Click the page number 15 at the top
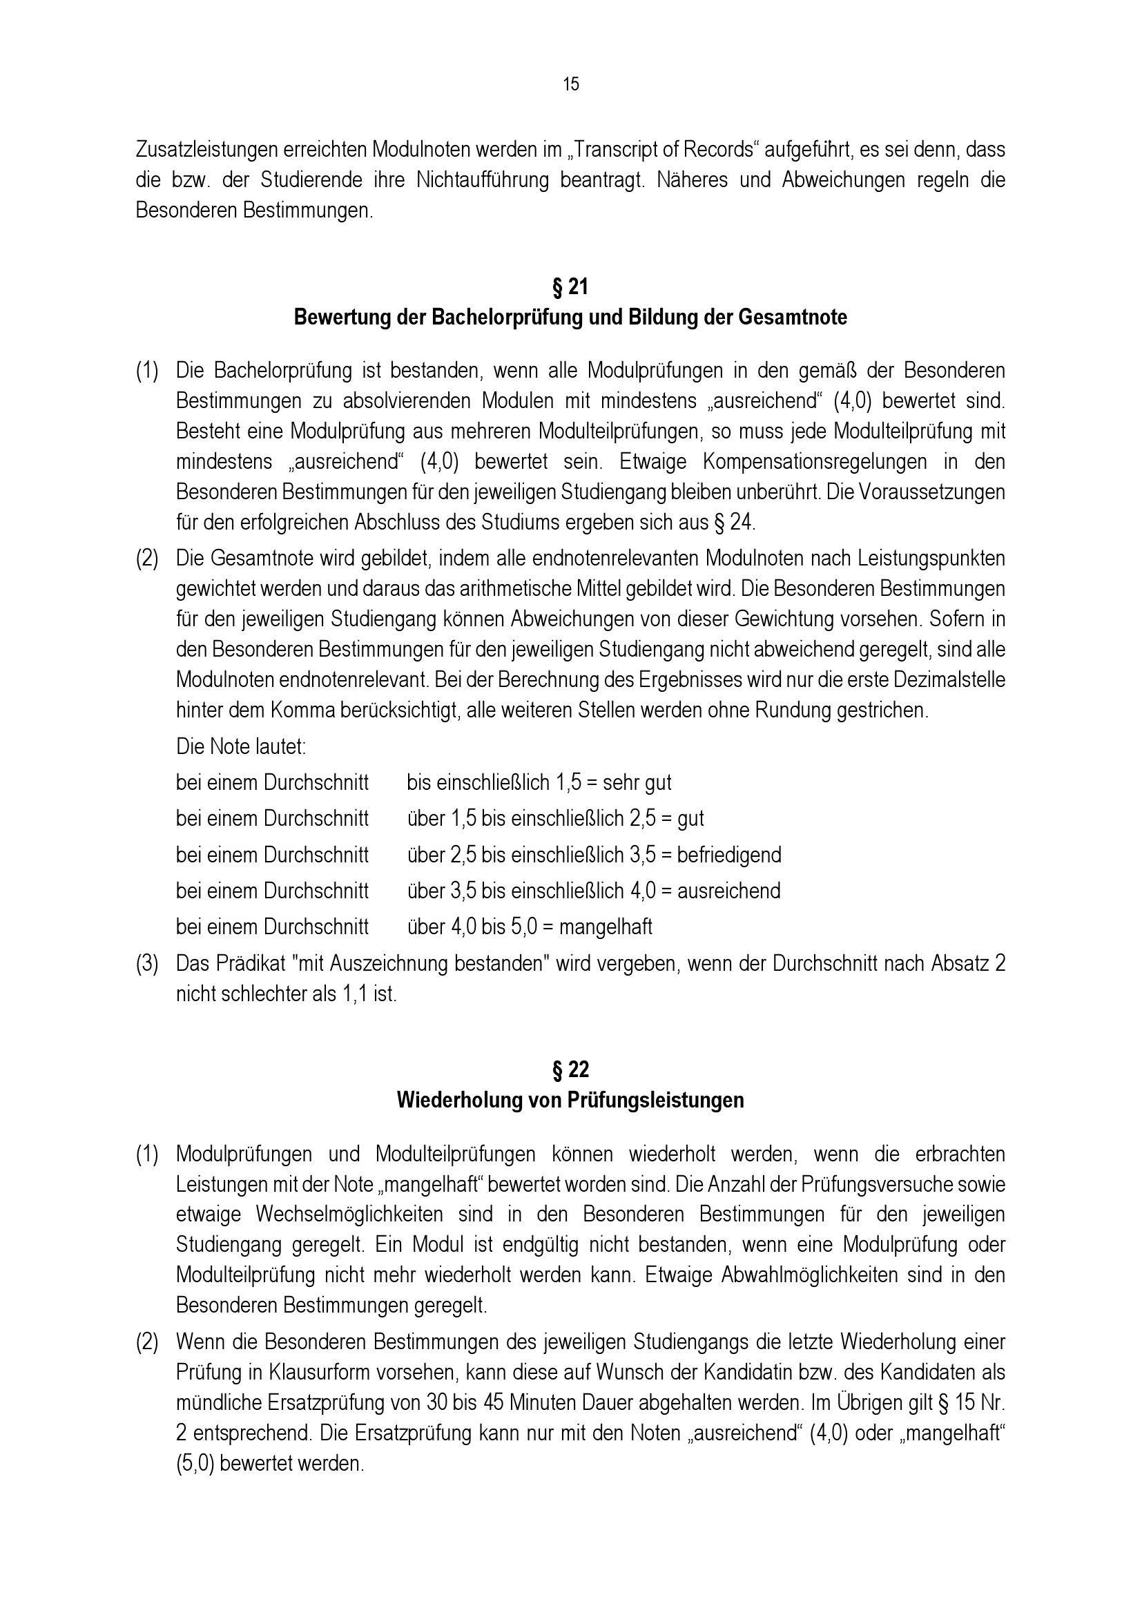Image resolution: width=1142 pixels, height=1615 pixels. click(x=570, y=84)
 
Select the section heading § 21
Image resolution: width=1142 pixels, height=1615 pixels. click(x=570, y=287)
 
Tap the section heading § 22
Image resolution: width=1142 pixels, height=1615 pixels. click(x=570, y=1070)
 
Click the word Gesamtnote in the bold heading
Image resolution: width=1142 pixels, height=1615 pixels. click(x=793, y=318)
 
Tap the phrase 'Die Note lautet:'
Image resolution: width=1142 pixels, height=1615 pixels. click(x=241, y=746)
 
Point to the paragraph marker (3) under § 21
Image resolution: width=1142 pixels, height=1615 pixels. click(x=147, y=964)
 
